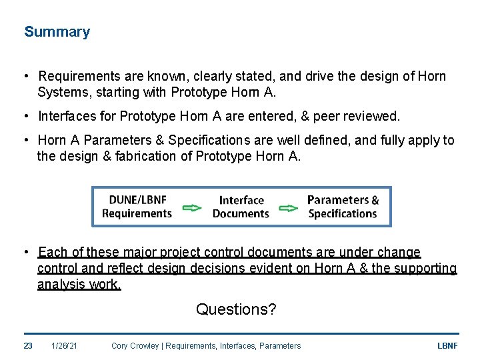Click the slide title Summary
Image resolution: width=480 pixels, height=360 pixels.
point(57,32)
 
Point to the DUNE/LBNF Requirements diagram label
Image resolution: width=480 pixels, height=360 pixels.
point(137,207)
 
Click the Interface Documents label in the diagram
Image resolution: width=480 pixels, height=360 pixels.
point(241,207)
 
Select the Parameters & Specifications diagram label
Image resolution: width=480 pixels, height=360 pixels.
point(343,207)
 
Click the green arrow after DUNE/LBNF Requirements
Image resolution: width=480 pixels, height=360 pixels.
point(192,207)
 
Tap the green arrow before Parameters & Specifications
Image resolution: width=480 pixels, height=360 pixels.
point(288,207)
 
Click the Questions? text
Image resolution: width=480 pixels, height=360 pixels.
point(236,309)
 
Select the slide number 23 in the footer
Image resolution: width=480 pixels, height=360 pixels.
point(28,346)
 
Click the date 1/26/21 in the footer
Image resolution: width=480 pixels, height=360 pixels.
point(64,346)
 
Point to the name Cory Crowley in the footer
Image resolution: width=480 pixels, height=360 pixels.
point(136,346)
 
